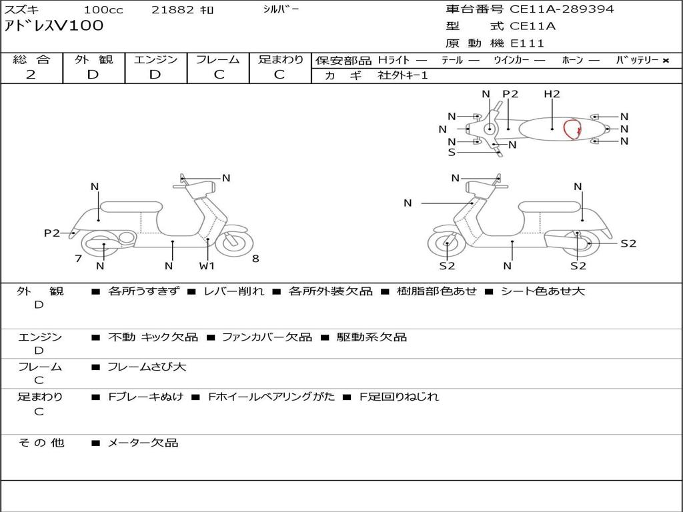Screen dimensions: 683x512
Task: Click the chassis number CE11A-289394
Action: (x=562, y=9)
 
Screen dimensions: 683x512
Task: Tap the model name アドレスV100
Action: (x=54, y=26)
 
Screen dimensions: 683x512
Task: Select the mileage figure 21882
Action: (x=173, y=9)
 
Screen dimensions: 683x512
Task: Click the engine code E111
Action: (x=527, y=43)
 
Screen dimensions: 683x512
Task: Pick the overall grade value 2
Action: (x=31, y=75)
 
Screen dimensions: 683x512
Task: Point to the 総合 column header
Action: (x=31, y=59)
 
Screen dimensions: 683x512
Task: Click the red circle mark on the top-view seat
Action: (x=572, y=129)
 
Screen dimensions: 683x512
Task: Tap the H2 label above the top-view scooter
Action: (x=552, y=93)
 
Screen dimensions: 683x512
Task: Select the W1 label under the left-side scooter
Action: (x=207, y=265)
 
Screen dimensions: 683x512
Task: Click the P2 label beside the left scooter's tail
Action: (x=52, y=233)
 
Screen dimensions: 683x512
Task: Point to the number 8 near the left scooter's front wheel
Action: (x=255, y=259)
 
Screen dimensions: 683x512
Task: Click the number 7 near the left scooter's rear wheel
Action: (x=79, y=259)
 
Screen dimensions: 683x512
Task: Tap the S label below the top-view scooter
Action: (x=452, y=153)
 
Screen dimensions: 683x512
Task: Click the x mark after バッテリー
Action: (x=666, y=61)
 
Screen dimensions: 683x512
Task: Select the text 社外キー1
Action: (x=403, y=75)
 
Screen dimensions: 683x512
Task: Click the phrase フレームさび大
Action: (x=147, y=367)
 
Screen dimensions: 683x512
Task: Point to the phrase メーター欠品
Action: (x=143, y=443)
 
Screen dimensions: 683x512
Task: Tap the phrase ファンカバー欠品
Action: (x=267, y=337)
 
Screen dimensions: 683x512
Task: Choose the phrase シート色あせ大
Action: (x=543, y=291)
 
